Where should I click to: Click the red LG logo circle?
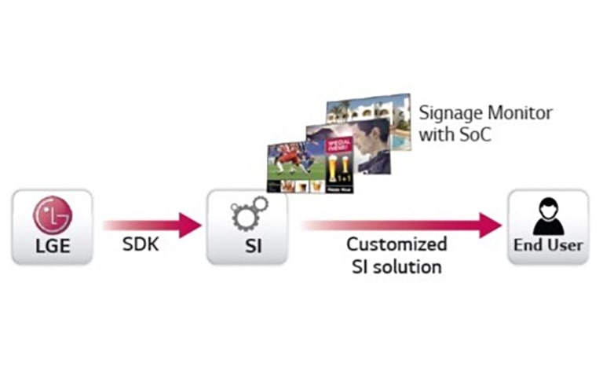[52, 215]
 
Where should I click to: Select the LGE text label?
[53, 246]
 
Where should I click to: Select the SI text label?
[246, 246]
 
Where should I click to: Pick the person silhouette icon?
[548, 215]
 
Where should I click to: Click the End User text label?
[548, 245]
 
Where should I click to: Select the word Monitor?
[519, 113]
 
